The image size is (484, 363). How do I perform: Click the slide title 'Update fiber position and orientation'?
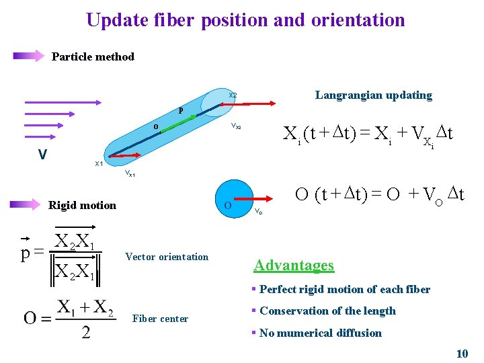245,19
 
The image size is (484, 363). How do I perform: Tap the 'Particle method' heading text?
93,56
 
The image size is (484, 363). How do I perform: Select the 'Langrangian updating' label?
373,95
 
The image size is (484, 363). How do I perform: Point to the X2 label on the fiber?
233,95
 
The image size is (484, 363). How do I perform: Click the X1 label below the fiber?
98,164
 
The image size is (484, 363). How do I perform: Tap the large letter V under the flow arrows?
42,155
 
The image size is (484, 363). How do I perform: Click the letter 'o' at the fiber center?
155,126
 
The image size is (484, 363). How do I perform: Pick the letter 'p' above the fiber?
180,110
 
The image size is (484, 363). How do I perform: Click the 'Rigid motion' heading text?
82,205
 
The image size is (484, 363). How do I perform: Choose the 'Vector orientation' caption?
167,257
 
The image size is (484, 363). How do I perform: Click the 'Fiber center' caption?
160,319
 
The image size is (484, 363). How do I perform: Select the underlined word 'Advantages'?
293,265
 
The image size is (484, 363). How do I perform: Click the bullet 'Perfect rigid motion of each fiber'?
344,289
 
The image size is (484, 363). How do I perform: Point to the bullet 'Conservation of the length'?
327,311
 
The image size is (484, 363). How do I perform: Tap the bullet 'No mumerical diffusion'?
320,333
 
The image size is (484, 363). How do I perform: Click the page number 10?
462,353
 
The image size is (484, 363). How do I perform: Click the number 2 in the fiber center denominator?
85,331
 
